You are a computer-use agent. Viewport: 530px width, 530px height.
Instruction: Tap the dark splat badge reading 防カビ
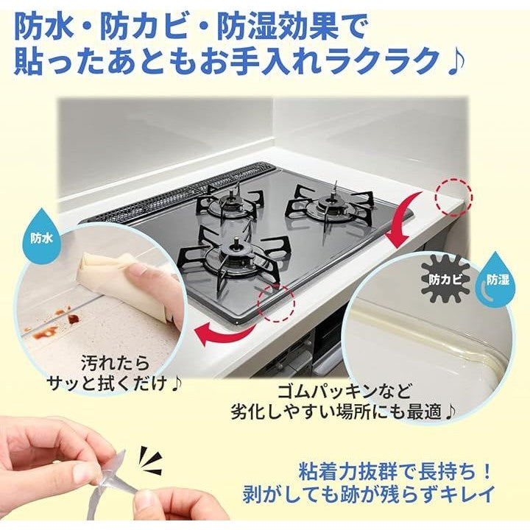445,279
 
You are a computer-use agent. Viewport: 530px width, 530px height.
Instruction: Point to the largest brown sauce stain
74,319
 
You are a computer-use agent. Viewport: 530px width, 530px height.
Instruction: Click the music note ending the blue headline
456,62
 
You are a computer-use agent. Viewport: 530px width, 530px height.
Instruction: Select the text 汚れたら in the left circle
115,364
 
